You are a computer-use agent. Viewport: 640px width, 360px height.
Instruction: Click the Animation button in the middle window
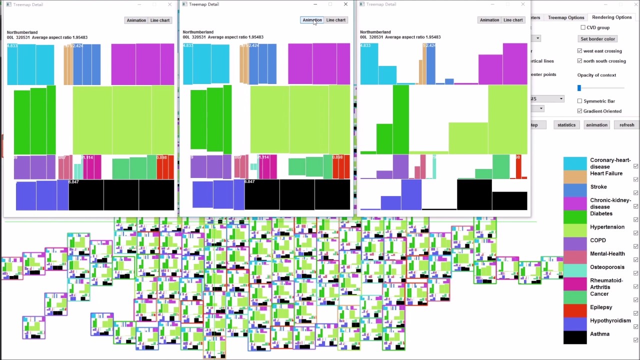[312, 20]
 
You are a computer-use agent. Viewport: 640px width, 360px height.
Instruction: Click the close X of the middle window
[345, 4]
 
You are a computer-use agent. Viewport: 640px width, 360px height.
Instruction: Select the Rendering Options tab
[611, 17]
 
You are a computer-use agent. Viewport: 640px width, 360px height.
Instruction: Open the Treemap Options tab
[566, 17]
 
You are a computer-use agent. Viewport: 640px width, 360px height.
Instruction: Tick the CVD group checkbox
[583, 27]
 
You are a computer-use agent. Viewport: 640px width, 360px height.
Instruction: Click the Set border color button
[597, 39]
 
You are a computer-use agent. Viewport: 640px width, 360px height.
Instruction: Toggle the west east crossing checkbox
[579, 51]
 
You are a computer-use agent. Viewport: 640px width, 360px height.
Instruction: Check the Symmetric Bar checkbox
[579, 101]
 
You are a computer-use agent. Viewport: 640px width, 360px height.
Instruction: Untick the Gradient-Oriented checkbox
[579, 111]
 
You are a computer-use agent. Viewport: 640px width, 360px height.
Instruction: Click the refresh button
[626, 125]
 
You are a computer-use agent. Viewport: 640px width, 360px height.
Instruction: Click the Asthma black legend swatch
[575, 337]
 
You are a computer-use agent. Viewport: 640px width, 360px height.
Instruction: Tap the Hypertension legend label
[607, 227]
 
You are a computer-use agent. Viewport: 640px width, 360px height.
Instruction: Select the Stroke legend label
[598, 187]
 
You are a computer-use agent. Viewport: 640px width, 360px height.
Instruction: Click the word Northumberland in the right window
[375, 32]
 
